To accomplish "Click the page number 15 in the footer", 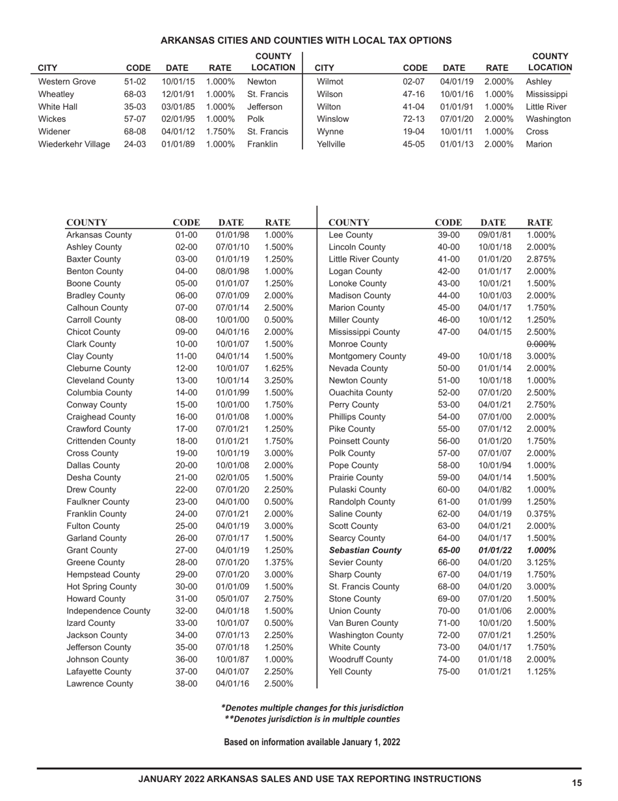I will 576,783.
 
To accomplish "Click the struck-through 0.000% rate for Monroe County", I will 541,344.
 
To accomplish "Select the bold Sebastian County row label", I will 365,550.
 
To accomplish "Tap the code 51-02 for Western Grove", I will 135,82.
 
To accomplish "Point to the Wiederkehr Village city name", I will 74,144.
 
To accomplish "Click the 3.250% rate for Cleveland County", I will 278,380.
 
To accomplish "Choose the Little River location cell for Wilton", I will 546,107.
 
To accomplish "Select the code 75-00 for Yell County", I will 449,671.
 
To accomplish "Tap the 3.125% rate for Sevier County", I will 541,562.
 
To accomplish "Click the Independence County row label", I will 108,611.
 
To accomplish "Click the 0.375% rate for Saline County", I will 541,514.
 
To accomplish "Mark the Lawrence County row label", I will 100,684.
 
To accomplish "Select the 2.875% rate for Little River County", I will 541,259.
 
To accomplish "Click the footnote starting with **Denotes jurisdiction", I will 312,719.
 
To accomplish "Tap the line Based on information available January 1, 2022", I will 312,742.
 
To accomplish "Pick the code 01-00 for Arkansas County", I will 186,235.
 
